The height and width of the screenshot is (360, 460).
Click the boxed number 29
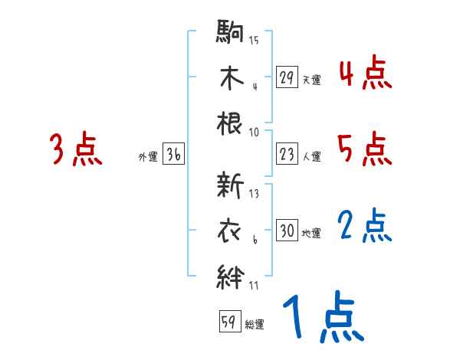point(287,77)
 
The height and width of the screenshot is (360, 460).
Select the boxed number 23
point(287,155)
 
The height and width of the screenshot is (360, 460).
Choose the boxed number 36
point(173,155)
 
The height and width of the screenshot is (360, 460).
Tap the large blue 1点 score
point(321,317)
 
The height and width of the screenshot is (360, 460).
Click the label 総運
point(255,325)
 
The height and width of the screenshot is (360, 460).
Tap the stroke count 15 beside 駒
point(254,40)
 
